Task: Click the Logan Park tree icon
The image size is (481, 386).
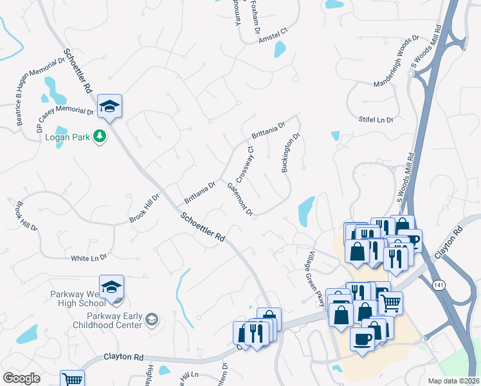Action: pos(100,136)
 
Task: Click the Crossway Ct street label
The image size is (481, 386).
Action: pos(246,163)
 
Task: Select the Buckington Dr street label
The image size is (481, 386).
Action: pos(291,153)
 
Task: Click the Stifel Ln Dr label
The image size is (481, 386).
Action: pos(376,120)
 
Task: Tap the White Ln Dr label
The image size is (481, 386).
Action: pos(89,257)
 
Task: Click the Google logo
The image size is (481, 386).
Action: pos(21,378)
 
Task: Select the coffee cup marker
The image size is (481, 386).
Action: pos(363,339)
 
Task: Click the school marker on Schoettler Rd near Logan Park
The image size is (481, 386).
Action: pos(110,107)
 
